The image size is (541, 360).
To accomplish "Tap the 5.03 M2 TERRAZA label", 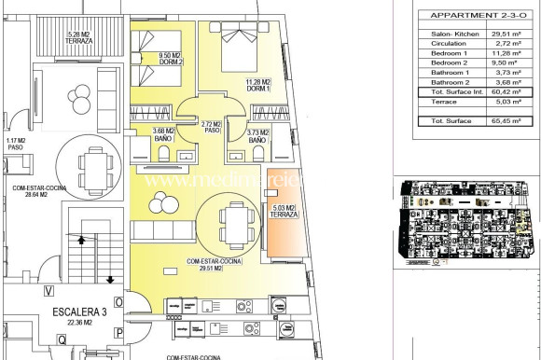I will click(x=284, y=211).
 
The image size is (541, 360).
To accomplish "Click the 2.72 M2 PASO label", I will click(x=210, y=127).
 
